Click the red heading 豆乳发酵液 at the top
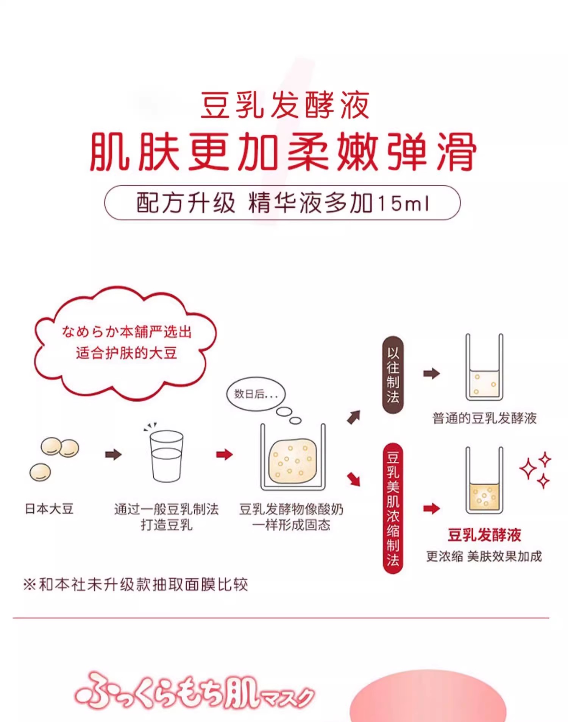point(285,105)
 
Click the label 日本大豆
point(49,509)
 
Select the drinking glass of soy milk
point(167,456)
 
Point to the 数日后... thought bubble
point(256,394)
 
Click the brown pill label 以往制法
point(393,375)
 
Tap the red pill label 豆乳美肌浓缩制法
point(393,508)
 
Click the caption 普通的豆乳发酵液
point(484,418)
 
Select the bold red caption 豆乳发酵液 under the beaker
point(484,535)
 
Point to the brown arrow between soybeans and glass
point(113,454)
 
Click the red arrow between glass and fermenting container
point(225,454)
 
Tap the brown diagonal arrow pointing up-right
point(353,417)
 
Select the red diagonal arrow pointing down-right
point(354,479)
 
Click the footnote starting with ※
point(136,585)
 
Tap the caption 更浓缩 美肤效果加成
point(484,556)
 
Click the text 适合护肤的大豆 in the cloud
point(126,353)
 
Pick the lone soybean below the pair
point(40,472)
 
